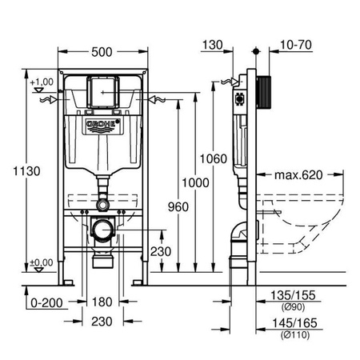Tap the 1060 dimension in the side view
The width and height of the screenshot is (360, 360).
(208, 158)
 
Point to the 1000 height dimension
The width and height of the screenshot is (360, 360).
(187, 182)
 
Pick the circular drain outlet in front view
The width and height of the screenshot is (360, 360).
(102, 233)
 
